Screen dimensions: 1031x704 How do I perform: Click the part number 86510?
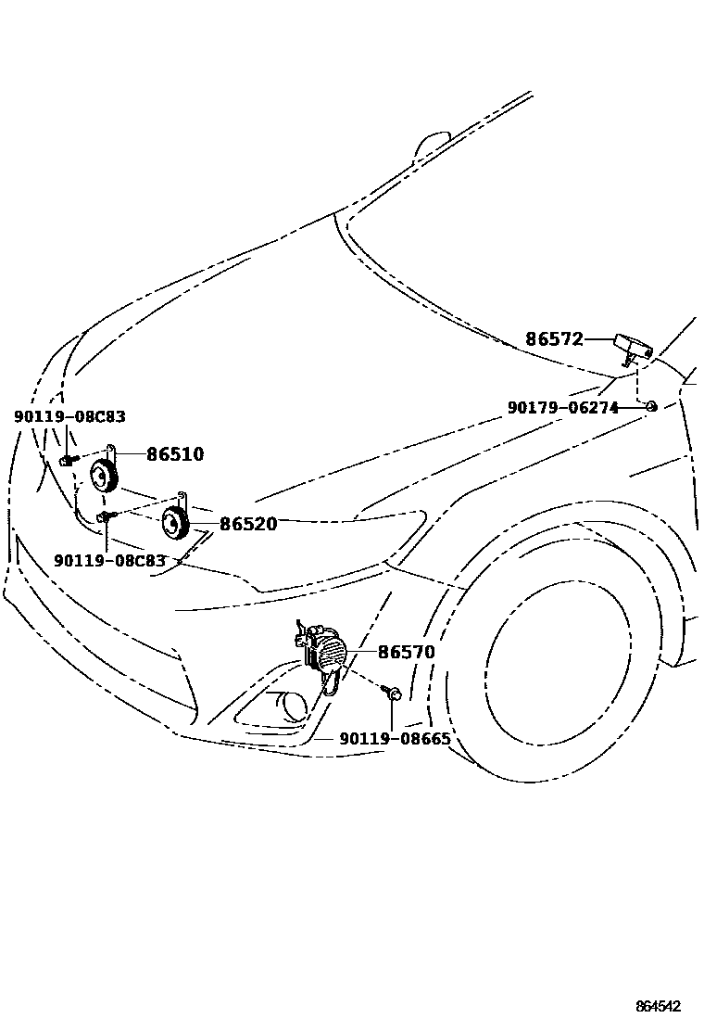click(175, 454)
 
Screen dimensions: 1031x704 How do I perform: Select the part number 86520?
click(247, 524)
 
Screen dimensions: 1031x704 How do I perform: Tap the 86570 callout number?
click(407, 653)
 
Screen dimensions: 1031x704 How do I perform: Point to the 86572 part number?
click(554, 339)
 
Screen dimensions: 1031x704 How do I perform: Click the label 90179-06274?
click(562, 407)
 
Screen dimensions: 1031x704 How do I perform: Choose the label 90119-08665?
click(395, 739)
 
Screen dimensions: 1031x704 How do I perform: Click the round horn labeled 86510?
click(103, 477)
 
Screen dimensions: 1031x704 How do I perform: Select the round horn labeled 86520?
click(174, 525)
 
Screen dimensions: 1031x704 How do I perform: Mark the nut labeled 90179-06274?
click(651, 406)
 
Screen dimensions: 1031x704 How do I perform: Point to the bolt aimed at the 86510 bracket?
click(68, 459)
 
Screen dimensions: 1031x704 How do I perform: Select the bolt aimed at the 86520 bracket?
click(106, 515)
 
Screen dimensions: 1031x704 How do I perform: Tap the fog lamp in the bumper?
click(292, 707)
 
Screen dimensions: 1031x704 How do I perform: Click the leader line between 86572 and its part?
click(598, 339)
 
